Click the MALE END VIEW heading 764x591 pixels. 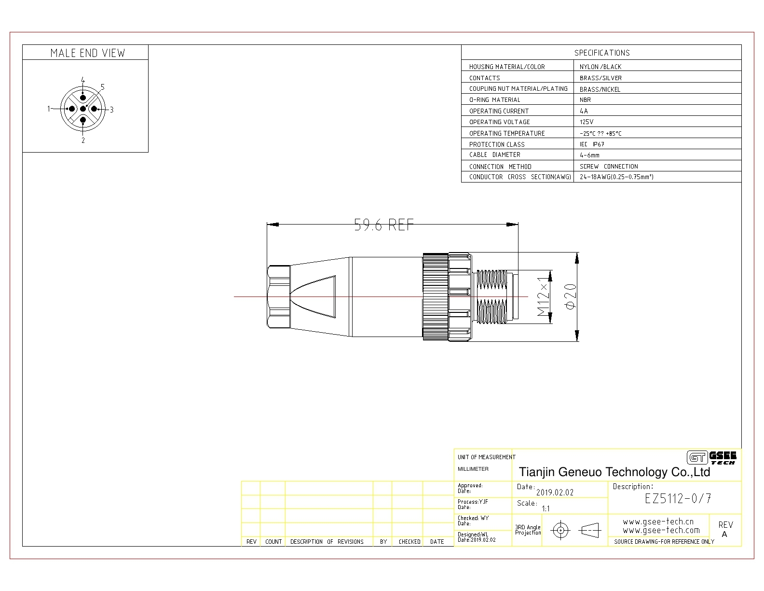(x=88, y=53)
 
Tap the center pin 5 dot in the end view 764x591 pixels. (x=83, y=109)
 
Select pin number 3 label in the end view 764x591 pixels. (x=112, y=110)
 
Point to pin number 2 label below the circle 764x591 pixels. (x=83, y=140)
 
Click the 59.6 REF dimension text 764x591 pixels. (x=383, y=225)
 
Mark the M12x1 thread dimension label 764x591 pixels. (x=543, y=296)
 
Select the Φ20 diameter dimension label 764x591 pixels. (x=571, y=296)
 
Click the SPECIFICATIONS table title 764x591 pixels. (x=602, y=53)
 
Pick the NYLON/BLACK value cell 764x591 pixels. (x=600, y=67)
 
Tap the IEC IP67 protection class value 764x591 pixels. (x=592, y=144)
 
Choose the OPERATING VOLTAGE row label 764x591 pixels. (x=499, y=122)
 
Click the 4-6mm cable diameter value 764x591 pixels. (x=589, y=155)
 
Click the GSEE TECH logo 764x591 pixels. (x=711, y=458)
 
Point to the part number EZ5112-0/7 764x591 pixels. (x=678, y=498)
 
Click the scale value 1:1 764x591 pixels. (x=546, y=508)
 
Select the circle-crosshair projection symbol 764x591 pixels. (x=561, y=530)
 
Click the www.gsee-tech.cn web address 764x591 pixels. (x=658, y=521)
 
